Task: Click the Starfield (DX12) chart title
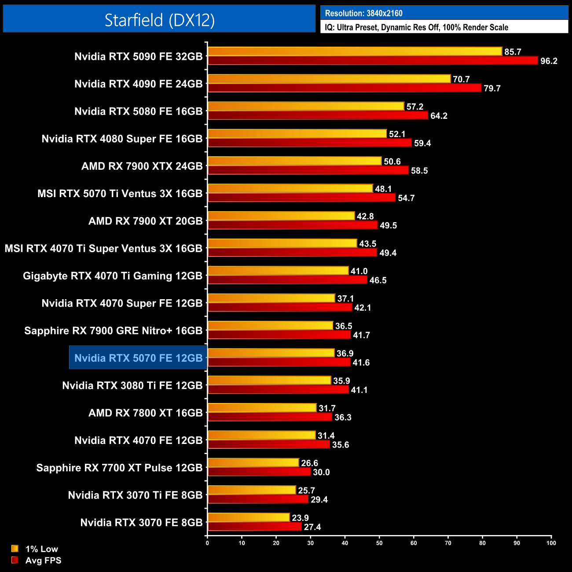tap(159, 20)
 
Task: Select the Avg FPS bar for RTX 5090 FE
tap(372, 61)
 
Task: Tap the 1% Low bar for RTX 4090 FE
tap(329, 79)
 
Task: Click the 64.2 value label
tap(439, 116)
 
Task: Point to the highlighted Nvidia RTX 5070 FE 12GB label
tap(138, 358)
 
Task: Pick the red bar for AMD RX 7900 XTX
tap(308, 170)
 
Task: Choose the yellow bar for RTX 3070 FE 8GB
tap(249, 517)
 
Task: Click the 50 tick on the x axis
tap(379, 543)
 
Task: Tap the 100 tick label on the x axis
tap(551, 543)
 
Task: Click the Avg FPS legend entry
tap(37, 560)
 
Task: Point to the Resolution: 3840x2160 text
tap(363, 13)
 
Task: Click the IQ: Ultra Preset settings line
tap(416, 27)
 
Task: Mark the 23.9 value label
tap(300, 518)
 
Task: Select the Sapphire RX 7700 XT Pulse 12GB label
tap(119, 468)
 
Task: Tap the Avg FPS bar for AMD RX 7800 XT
tap(270, 417)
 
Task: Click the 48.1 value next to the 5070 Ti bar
tap(383, 189)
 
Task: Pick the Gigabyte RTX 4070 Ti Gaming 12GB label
tap(113, 276)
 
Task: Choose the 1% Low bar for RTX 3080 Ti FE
tap(269, 380)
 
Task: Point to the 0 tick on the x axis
tap(207, 543)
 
